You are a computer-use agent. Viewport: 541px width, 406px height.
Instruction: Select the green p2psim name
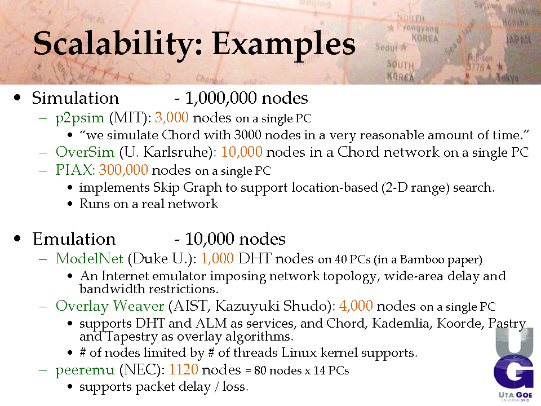coord(79,118)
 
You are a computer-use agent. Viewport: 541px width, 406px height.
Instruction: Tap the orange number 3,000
coord(171,118)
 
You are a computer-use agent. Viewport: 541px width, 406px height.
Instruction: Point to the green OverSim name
coord(85,152)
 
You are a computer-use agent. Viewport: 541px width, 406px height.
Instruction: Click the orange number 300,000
coord(123,170)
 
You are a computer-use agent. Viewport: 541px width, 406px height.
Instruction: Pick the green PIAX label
coord(73,170)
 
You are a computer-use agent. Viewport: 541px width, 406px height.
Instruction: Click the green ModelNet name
coord(90,258)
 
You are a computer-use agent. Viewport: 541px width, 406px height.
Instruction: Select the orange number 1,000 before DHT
coord(218,259)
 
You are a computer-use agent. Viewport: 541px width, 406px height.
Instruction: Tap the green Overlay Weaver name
coord(110,306)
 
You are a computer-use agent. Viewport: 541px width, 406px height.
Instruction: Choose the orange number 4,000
coord(356,306)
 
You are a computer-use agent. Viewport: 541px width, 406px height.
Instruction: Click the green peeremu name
coord(85,370)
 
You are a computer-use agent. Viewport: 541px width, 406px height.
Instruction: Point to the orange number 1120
coord(184,369)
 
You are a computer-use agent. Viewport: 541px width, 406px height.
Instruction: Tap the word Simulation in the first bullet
coord(75,98)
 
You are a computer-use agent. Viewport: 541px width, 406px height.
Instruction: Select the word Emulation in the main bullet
coord(74,239)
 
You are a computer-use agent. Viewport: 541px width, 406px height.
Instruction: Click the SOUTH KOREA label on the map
coord(400,70)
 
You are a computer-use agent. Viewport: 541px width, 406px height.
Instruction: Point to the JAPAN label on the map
coord(518,39)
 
